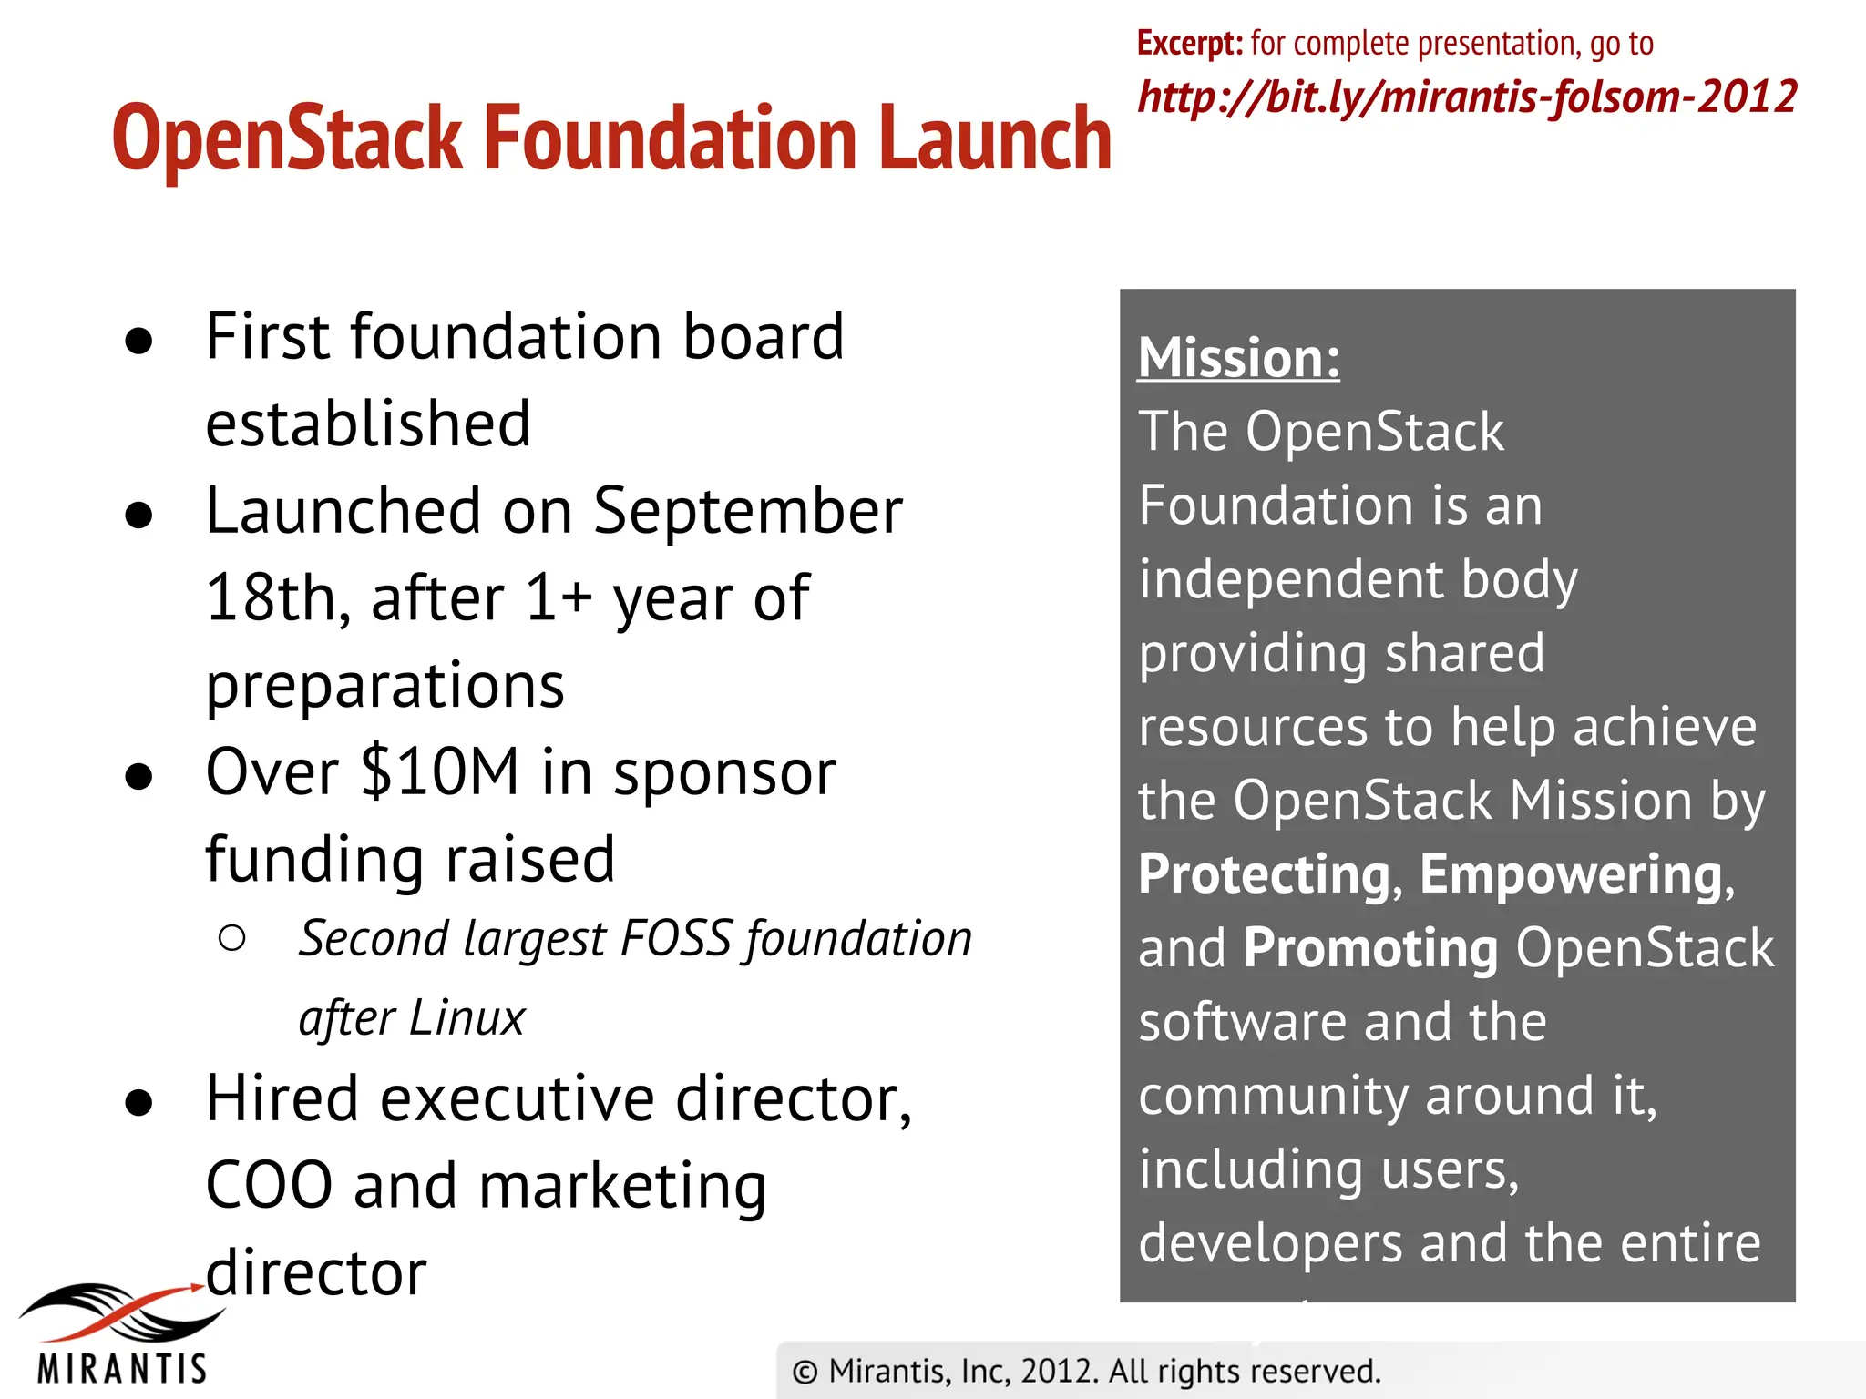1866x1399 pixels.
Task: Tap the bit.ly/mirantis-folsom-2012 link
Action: [1467, 97]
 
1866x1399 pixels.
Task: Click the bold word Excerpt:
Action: [1189, 43]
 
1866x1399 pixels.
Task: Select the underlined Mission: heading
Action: [1238, 357]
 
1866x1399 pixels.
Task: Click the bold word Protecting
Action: [1264, 874]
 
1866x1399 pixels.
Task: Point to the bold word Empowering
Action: [1571, 874]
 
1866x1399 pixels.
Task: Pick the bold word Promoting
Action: [1370, 948]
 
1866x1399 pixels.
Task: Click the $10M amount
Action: [439, 772]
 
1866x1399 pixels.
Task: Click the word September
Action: [747, 511]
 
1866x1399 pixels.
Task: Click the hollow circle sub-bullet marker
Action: [232, 939]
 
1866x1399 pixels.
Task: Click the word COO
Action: [269, 1186]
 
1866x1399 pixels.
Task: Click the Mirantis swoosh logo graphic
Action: [118, 1312]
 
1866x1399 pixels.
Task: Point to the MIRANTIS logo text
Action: [122, 1369]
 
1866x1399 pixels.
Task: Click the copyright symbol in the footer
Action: [805, 1372]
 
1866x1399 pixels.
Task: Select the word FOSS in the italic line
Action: [675, 939]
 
